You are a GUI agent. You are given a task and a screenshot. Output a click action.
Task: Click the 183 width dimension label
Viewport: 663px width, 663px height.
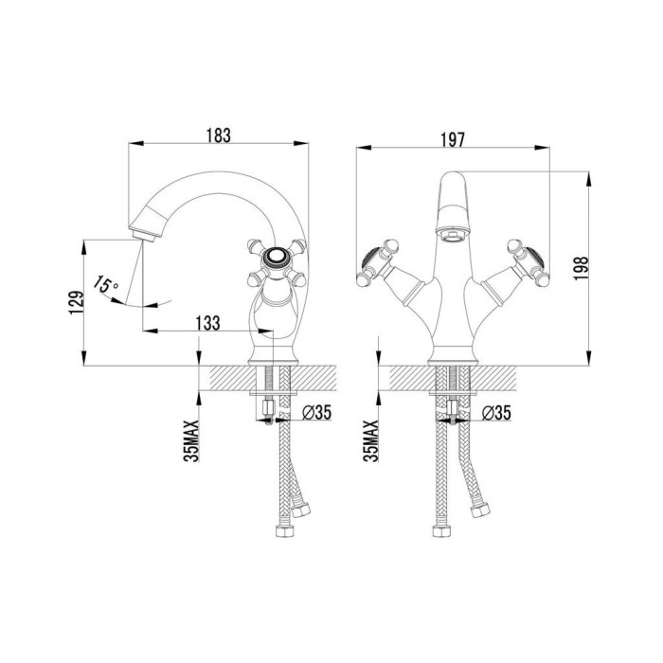tap(219, 135)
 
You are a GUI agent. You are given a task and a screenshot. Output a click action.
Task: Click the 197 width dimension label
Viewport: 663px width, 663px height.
tap(453, 140)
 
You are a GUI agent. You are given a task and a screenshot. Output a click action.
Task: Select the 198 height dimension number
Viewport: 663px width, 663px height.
tap(581, 268)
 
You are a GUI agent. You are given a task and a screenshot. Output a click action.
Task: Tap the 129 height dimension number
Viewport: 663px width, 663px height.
tap(77, 302)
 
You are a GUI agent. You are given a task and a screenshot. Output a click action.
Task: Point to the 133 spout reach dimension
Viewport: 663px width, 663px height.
tap(207, 323)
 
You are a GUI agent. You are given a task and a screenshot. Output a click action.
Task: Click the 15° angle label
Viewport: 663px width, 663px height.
tap(106, 284)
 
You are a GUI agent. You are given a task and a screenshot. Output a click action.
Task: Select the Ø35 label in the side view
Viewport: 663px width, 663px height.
tap(317, 412)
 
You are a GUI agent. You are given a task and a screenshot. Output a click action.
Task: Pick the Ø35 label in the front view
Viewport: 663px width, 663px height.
tap(496, 413)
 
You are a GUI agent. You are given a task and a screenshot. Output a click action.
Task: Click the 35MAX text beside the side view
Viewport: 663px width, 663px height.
tap(191, 441)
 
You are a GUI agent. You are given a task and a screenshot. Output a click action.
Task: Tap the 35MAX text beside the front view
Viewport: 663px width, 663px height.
tap(371, 441)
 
